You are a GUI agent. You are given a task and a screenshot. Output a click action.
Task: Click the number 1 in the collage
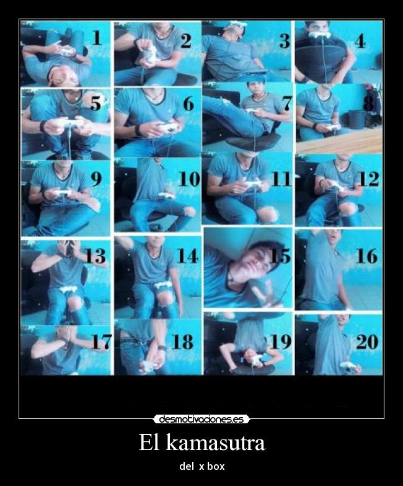tap(97, 38)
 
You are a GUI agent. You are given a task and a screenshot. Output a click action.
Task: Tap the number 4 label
tap(360, 40)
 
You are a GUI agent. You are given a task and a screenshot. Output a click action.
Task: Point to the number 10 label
tap(188, 179)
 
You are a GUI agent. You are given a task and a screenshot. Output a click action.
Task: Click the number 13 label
tap(95, 255)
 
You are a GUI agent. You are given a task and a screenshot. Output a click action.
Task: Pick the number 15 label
tap(280, 255)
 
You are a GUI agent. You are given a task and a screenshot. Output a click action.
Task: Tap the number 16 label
tap(366, 255)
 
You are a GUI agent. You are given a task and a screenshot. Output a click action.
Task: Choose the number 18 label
tap(183, 341)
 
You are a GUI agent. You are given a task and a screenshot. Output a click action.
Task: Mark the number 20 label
tap(367, 341)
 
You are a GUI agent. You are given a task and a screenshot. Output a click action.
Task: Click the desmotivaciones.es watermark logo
tap(201, 419)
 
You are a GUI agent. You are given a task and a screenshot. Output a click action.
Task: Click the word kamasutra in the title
tap(219, 443)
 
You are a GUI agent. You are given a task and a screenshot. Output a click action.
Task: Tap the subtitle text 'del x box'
tap(201, 466)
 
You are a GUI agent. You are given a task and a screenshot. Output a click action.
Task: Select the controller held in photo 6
tap(167, 127)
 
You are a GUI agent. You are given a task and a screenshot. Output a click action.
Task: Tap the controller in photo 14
tap(162, 285)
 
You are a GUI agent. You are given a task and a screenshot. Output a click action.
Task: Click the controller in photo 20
tap(348, 366)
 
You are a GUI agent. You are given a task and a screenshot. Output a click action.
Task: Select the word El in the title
tap(149, 443)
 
